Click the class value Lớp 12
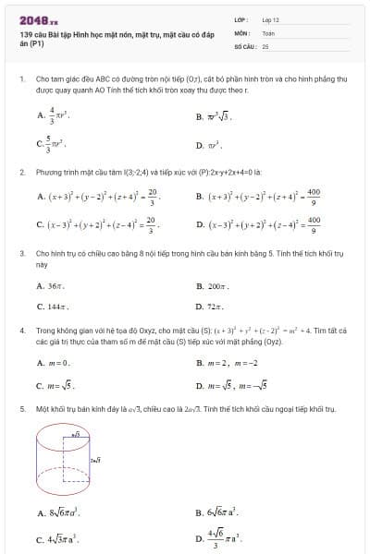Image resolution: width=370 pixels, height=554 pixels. coord(270,18)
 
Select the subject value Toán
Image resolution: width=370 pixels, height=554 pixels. coord(268,31)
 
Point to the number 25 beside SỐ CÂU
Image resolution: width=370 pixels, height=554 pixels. coord(265,44)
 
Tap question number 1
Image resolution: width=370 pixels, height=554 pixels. coord(21,79)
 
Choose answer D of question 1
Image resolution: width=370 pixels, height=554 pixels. coord(213,145)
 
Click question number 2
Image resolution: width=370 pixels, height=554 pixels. coord(21,172)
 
